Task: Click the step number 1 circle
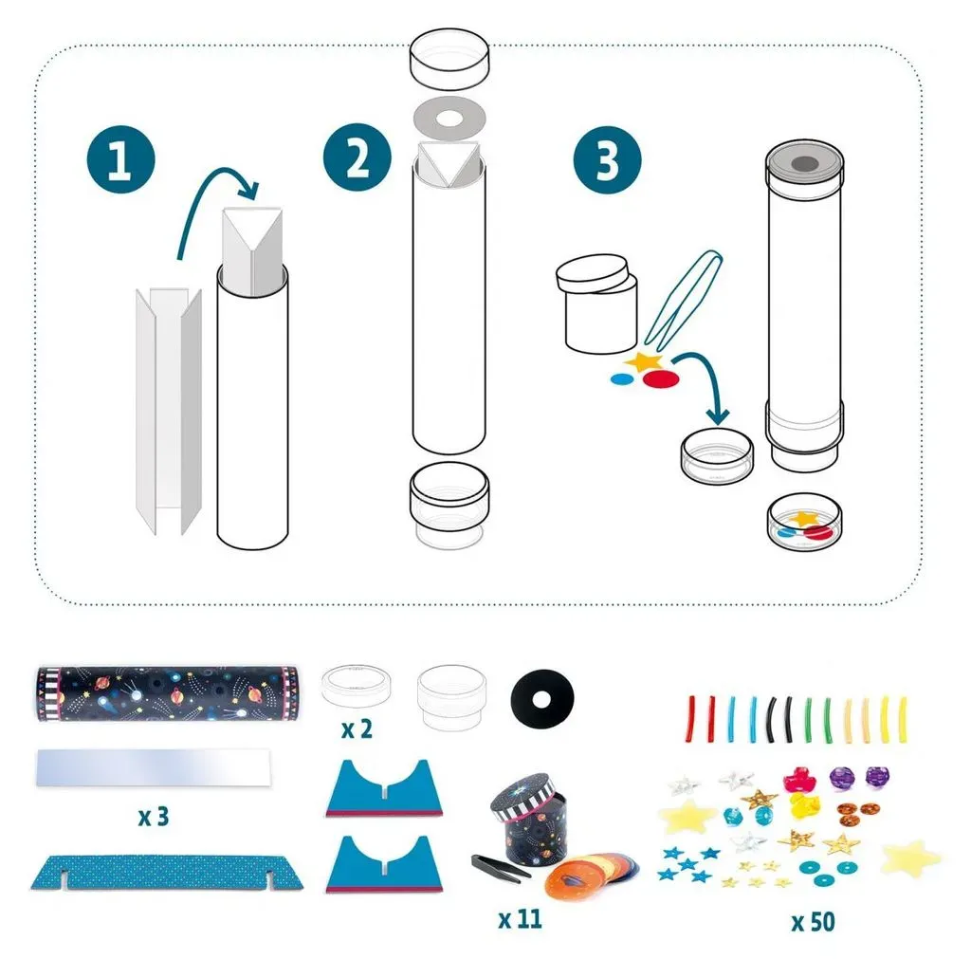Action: (x=120, y=158)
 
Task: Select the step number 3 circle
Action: (x=608, y=159)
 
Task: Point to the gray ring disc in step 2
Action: (x=449, y=118)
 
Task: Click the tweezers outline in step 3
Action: (x=685, y=297)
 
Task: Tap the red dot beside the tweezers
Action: (x=661, y=378)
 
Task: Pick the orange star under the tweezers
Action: (x=643, y=361)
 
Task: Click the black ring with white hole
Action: (x=542, y=699)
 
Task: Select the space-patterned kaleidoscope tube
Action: (x=167, y=693)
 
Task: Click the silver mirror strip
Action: (x=154, y=768)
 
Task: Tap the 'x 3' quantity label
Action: (x=154, y=817)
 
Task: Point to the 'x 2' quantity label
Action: (x=357, y=729)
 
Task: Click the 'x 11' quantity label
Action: (x=521, y=919)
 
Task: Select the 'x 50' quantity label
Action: (x=813, y=922)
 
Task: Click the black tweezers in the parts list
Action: (x=501, y=867)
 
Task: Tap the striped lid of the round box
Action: (x=524, y=794)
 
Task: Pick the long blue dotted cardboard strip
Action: (x=167, y=873)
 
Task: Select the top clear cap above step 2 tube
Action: (x=449, y=58)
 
